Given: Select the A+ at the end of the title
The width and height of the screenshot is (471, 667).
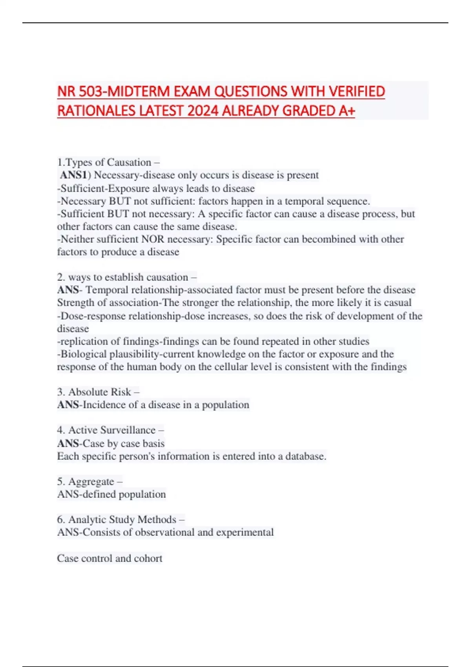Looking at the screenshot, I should coord(347,111).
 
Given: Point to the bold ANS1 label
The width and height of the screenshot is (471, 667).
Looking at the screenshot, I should coord(73,175).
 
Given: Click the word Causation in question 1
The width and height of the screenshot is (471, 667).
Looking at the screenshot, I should coord(129,162).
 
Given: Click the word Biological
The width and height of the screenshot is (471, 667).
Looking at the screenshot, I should coord(83,354).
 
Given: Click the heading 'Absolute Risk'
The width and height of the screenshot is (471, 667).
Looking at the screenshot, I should coord(100,392).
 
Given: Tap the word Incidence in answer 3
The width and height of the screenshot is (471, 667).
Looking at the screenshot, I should coord(104,405).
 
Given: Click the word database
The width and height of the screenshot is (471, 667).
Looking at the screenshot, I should coord(305,456).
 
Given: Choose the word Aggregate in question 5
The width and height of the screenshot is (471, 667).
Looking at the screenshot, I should coord(91,481).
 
